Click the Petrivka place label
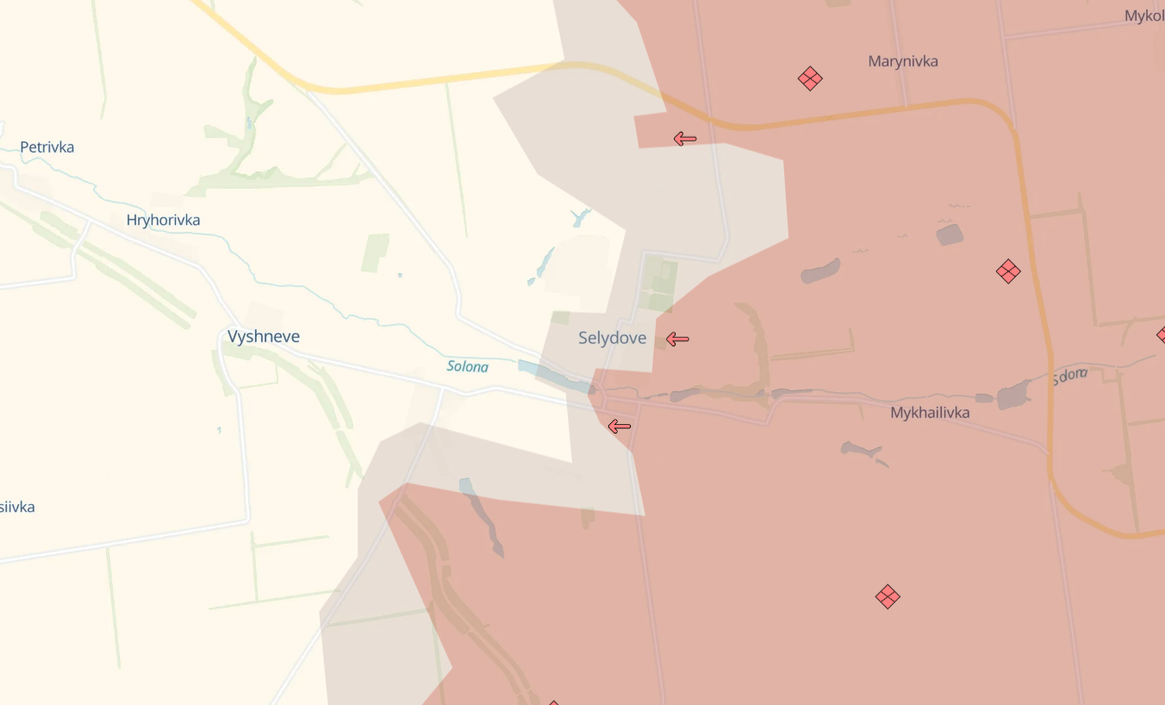pos(47,147)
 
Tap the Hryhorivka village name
pos(163,221)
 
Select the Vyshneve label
pos(264,337)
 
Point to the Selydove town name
pos(612,339)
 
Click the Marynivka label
pos(903,62)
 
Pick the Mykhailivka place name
pos(930,414)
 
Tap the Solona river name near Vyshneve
pos(467,367)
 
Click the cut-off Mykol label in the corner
pos(1144,16)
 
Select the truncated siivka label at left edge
pos(17,507)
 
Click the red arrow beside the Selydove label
pos(677,340)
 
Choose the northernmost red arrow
pos(685,139)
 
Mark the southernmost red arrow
pos(619,427)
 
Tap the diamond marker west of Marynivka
pos(810,79)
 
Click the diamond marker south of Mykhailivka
pos(888,596)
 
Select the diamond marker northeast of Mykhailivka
pos(1008,272)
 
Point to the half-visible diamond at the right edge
pos(1161,334)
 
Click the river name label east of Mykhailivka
pos(1069,376)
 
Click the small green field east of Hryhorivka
pos(375,253)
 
